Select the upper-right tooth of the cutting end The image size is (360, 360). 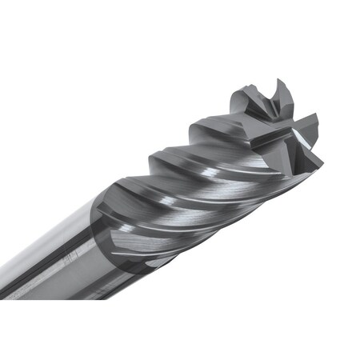311,122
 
